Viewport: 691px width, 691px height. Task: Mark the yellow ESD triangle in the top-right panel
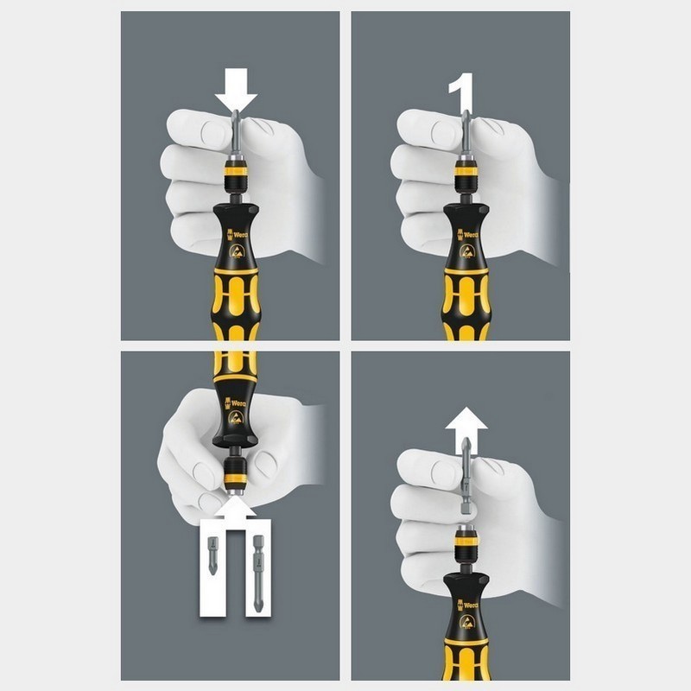coord(466,252)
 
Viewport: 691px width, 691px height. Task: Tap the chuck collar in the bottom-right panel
coord(466,542)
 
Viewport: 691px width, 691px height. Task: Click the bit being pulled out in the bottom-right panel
coord(466,475)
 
